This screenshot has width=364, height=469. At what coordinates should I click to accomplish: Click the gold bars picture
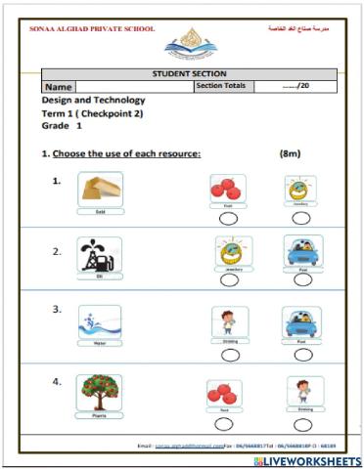pos(100,190)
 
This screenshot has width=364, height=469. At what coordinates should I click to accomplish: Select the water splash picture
pos(100,322)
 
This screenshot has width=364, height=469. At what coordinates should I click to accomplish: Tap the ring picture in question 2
pos(232,252)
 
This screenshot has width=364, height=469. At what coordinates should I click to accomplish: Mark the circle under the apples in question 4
pos(224,424)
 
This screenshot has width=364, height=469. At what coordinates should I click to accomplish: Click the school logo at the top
pos(191,43)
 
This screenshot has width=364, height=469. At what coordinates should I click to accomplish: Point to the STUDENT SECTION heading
pos(190,73)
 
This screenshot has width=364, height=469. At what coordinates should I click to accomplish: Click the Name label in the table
pos(60,87)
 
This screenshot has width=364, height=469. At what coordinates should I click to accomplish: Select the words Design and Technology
pos(93,101)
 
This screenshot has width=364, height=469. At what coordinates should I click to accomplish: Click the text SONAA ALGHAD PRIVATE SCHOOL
pos(85,29)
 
